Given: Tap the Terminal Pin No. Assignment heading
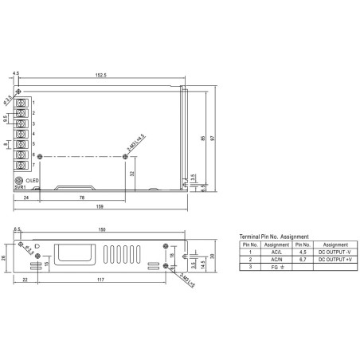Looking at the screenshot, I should pyautogui.click(x=274, y=237).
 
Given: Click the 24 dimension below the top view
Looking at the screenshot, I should pyautogui.click(x=26, y=198).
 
